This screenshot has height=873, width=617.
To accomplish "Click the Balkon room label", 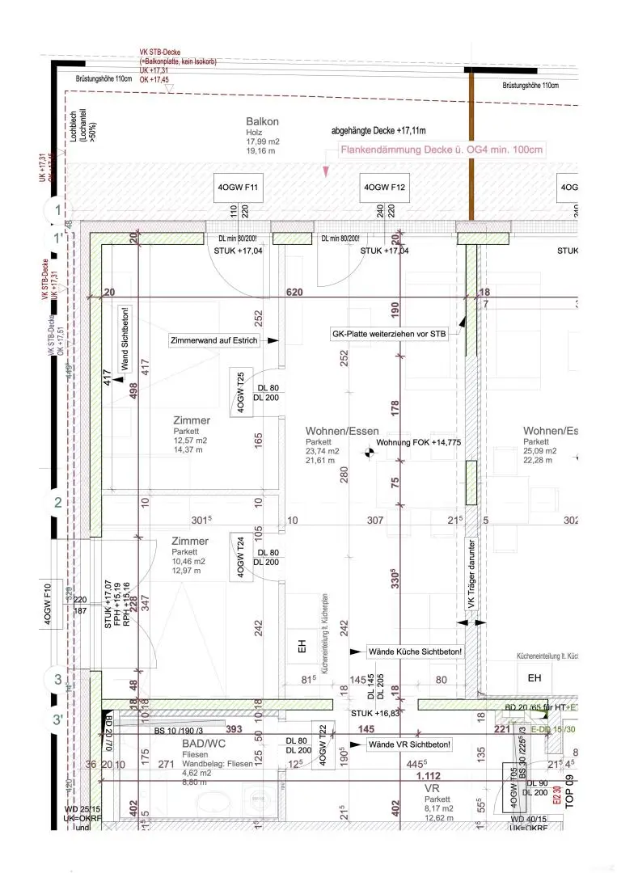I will click(x=263, y=122).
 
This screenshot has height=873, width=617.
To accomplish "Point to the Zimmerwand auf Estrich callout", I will click(x=214, y=341).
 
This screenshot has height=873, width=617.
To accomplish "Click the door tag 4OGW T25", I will click(x=240, y=391).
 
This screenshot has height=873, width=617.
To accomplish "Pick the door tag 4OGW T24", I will click(x=240, y=555).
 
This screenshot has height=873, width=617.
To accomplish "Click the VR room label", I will click(x=432, y=787).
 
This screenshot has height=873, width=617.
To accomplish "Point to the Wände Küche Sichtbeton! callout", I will click(x=415, y=651).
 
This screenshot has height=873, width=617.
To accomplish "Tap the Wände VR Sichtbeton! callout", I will click(x=409, y=744).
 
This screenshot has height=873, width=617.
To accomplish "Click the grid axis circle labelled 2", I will click(x=57, y=503).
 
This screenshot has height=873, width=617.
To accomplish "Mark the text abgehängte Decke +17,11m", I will click(x=378, y=130).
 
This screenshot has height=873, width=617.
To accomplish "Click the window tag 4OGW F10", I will click(x=48, y=601).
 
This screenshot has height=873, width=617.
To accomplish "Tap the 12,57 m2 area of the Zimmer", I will click(x=190, y=441).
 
